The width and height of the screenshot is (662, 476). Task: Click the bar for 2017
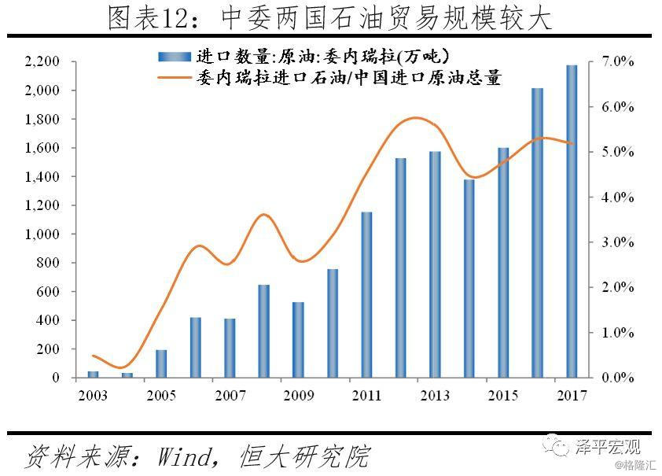(572, 221)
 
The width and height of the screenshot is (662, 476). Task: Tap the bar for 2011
(366, 295)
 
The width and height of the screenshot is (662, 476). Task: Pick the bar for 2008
(264, 331)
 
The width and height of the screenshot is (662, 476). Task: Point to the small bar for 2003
(94, 375)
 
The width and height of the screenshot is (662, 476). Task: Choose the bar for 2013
(435, 264)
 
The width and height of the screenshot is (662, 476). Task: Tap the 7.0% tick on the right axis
(618, 61)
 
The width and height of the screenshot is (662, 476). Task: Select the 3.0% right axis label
(618, 242)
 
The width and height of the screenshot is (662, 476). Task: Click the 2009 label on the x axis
(298, 394)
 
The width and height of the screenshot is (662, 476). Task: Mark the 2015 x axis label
(502, 394)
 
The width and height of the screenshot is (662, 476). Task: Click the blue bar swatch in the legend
(175, 56)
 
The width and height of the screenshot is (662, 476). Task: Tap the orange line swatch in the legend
(175, 78)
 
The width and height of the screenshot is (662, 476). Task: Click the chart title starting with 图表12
(330, 17)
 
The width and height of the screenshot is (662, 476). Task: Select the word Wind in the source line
(188, 456)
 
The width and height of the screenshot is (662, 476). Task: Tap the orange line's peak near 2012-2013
(416, 118)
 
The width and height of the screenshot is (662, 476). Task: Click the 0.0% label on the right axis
(618, 378)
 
